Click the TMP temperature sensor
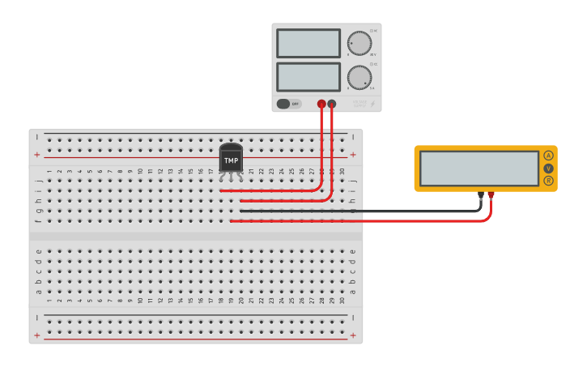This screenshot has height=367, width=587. [231, 159]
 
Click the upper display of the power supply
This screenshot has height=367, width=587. [308, 43]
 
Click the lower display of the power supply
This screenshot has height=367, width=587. [308, 77]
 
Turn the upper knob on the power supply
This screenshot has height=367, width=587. [359, 43]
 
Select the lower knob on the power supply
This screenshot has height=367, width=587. [359, 77]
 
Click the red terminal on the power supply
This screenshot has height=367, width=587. [321, 104]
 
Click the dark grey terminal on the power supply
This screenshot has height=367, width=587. [332, 104]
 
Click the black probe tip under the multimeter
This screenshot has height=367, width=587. [481, 194]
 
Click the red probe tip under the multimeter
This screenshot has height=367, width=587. [491, 194]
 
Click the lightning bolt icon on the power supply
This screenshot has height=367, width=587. [373, 104]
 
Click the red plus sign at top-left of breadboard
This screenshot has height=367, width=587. [36, 154]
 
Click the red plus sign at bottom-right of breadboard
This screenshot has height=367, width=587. [352, 335]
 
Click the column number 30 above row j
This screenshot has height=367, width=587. [342, 171]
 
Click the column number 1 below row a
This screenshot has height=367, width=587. [49, 301]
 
